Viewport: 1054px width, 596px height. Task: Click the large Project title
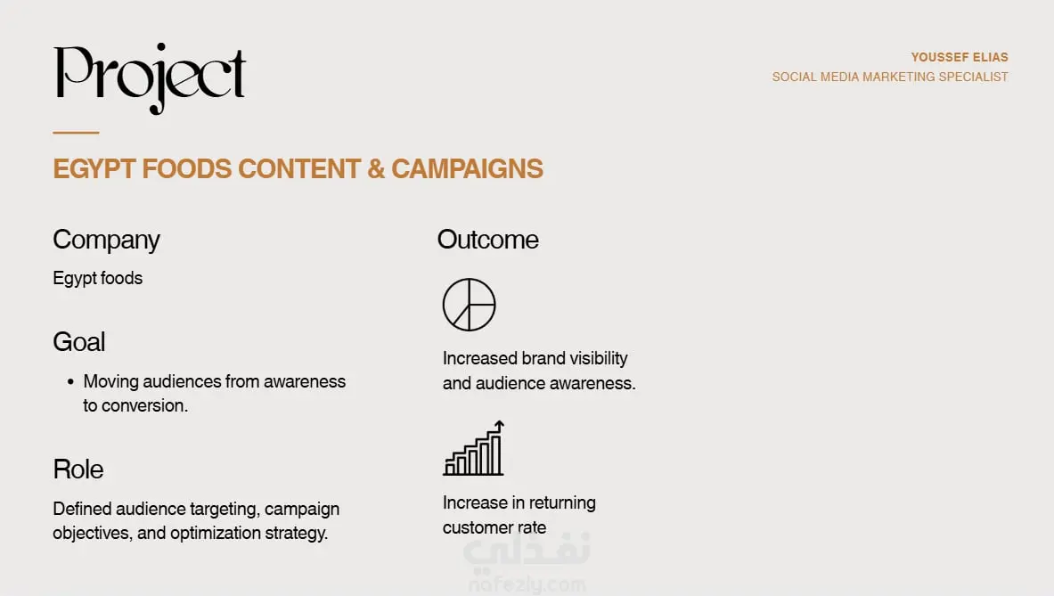(x=150, y=78)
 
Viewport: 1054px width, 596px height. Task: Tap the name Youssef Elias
(x=960, y=57)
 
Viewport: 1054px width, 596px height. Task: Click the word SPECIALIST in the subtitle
(x=973, y=77)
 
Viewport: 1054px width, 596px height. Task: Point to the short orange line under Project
(x=76, y=133)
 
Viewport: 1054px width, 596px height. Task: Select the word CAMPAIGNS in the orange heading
(x=467, y=168)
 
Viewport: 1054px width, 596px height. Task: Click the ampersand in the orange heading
(x=376, y=168)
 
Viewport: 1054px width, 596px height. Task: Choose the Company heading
(x=106, y=241)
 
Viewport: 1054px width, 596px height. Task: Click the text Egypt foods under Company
(x=97, y=278)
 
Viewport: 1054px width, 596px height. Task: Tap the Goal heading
(x=78, y=342)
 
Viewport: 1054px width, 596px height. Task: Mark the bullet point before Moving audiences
(x=70, y=381)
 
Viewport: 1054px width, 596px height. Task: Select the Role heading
(x=78, y=469)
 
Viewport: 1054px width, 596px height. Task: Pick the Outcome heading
(x=487, y=240)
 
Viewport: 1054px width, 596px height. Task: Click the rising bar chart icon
(x=473, y=448)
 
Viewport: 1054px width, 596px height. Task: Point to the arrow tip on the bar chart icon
(x=500, y=422)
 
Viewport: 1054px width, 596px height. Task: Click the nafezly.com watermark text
(x=527, y=584)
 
